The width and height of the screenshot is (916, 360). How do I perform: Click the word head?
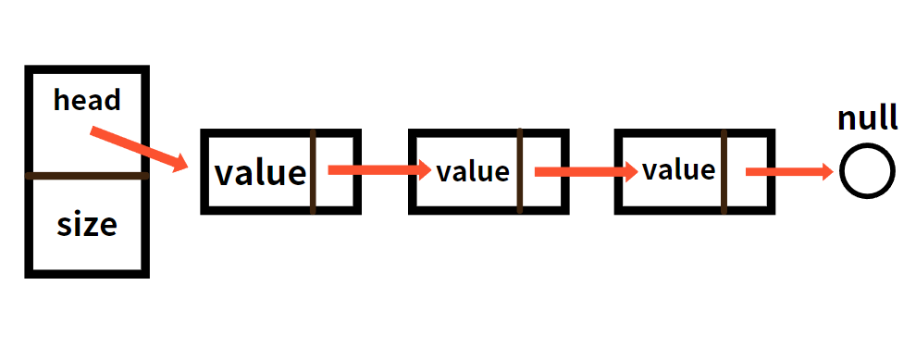(x=87, y=100)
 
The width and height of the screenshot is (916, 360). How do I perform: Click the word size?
(x=87, y=224)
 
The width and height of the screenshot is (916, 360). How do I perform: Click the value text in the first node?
(x=260, y=173)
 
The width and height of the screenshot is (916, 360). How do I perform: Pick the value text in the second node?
(x=473, y=172)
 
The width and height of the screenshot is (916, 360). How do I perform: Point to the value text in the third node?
(x=679, y=170)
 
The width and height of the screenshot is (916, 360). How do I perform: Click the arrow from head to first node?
(x=139, y=149)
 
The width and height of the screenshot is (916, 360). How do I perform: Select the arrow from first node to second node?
(x=379, y=170)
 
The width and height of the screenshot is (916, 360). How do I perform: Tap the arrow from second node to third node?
(x=587, y=171)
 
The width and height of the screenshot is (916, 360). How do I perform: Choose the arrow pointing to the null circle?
(x=790, y=171)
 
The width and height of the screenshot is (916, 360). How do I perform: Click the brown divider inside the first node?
(x=313, y=172)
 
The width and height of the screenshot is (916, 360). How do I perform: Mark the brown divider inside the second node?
(x=519, y=170)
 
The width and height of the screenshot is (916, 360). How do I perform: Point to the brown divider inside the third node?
(x=724, y=171)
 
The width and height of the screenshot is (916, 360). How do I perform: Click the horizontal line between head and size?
(x=87, y=175)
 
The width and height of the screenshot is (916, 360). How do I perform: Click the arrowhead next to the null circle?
(x=827, y=171)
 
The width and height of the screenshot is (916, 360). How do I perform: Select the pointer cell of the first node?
(x=335, y=172)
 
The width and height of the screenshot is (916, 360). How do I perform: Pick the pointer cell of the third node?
(x=748, y=172)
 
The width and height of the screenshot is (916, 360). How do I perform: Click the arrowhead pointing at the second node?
(x=425, y=170)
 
